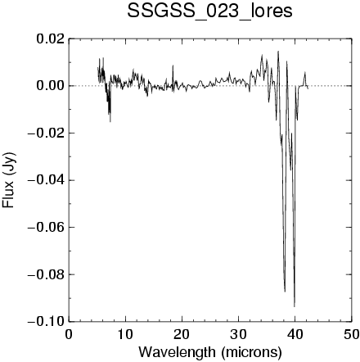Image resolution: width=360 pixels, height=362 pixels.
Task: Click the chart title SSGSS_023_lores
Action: [x=209, y=11]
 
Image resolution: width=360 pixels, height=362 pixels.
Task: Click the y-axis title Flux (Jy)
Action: [x=8, y=180]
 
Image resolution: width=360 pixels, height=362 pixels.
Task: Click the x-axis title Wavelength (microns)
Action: [x=210, y=352]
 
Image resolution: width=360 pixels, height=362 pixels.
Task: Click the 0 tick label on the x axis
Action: [x=69, y=334]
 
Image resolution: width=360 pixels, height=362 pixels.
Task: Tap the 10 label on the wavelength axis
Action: [x=125, y=334]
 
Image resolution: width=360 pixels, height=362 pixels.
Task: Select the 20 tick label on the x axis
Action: [x=182, y=334]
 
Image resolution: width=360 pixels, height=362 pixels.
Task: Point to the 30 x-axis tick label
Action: [x=238, y=334]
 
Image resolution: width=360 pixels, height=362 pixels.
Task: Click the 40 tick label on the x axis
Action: [x=295, y=334]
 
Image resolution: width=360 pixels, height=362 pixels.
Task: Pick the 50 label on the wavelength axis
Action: [x=351, y=334]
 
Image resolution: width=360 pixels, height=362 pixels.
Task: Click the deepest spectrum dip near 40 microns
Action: [x=295, y=306]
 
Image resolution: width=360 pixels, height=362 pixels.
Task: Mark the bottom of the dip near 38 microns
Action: [x=285, y=292]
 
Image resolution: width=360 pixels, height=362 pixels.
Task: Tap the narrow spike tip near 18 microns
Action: [x=173, y=66]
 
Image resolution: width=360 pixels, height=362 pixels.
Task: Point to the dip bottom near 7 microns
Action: [x=110, y=122]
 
